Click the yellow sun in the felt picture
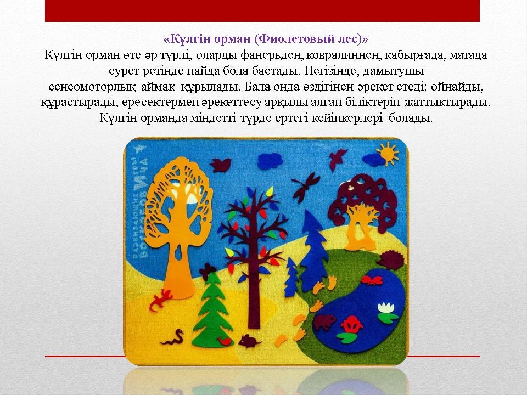[388, 154]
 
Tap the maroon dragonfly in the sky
[306, 187]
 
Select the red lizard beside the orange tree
[161, 299]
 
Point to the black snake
[173, 337]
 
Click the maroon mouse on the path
[249, 341]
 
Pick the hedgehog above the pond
[391, 259]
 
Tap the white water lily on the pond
[386, 308]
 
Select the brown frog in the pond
[324, 322]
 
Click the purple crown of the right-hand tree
[362, 198]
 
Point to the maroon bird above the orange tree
[221, 165]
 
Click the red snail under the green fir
[225, 341]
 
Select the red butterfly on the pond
[372, 280]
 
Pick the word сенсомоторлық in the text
[92, 87]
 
